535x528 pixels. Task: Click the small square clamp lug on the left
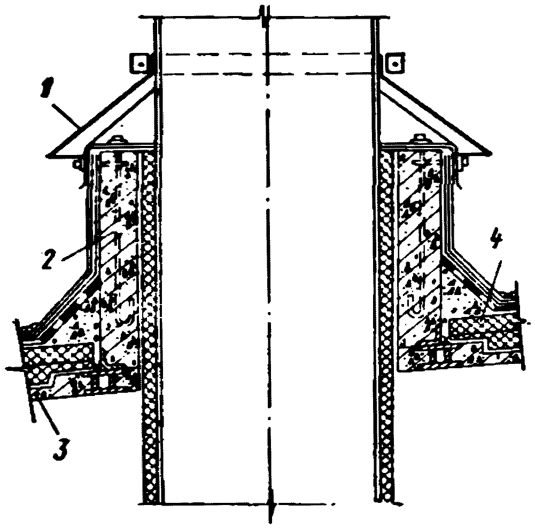139,63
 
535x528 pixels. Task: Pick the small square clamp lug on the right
395,63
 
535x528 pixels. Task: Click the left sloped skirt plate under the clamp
102,123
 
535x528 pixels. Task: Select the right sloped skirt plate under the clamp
433,123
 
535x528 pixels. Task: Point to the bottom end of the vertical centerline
272,516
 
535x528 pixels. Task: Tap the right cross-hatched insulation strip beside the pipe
386,321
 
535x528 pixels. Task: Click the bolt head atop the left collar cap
116,141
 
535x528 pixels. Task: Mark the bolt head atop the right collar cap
418,141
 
